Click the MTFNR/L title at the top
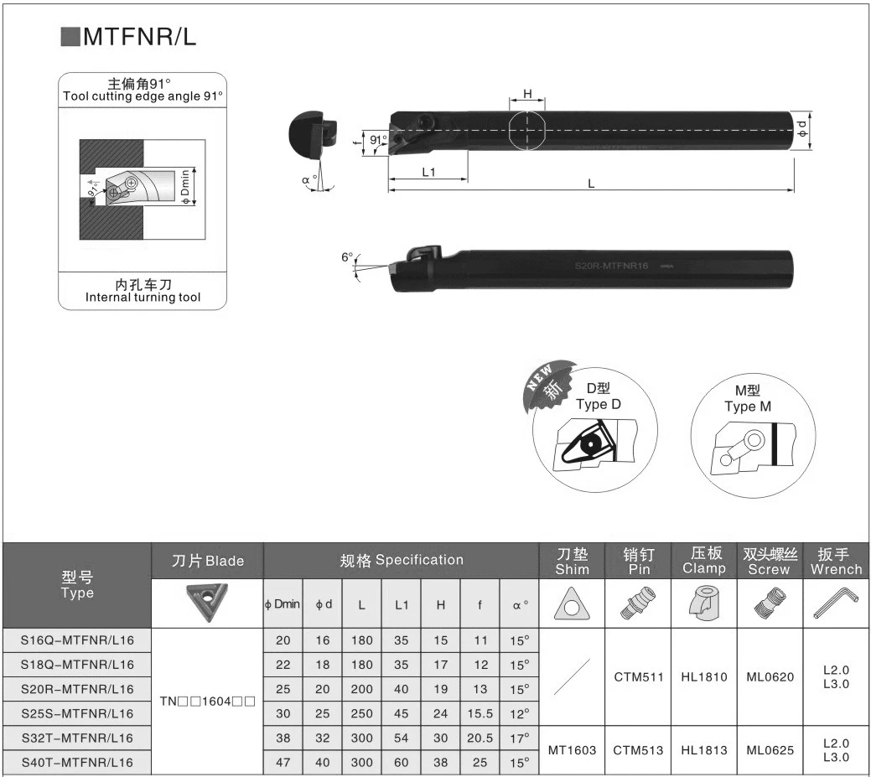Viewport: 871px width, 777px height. click(x=139, y=37)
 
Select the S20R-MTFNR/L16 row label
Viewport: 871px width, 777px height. click(x=77, y=689)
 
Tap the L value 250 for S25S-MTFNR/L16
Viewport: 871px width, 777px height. click(x=361, y=713)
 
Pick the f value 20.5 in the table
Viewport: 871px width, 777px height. click(x=480, y=738)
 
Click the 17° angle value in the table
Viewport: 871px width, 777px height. click(x=520, y=738)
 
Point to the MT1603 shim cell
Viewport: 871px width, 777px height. click(x=572, y=750)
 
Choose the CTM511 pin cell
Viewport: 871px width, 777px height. click(x=638, y=677)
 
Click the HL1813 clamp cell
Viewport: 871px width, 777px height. click(x=704, y=750)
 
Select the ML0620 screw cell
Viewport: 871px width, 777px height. click(x=770, y=677)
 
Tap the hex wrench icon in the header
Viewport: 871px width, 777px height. click(x=836, y=603)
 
